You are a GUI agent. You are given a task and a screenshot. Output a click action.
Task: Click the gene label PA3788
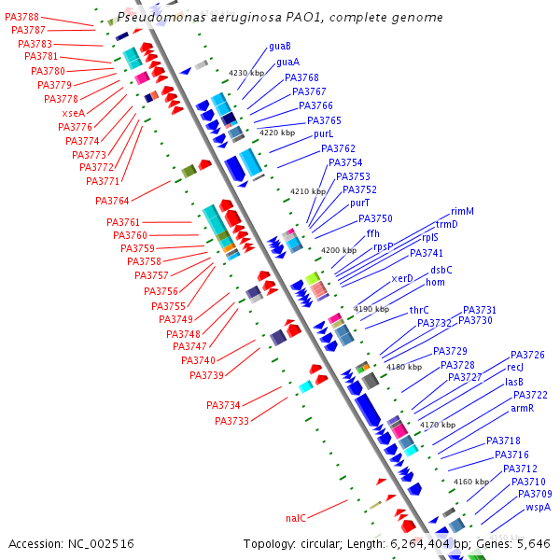pyautogui.click(x=21, y=18)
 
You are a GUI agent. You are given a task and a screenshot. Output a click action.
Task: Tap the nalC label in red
pyautogui.click(x=296, y=517)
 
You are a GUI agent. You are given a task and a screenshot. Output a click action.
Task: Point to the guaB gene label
pyautogui.click(x=279, y=46)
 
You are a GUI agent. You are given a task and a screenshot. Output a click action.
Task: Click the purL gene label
pyautogui.click(x=323, y=133)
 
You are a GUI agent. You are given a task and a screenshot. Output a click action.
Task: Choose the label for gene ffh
pyautogui.click(x=372, y=232)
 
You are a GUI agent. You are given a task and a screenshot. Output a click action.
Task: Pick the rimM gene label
pyautogui.click(x=462, y=211)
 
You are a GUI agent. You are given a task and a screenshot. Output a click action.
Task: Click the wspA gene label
pyautogui.click(x=538, y=507)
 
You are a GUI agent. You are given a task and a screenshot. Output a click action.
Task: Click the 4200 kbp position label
pyautogui.click(x=338, y=250)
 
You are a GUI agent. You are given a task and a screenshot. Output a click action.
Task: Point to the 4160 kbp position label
pyautogui.click(x=470, y=483)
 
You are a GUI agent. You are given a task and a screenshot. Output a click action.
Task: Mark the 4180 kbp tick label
pyautogui.click(x=404, y=367)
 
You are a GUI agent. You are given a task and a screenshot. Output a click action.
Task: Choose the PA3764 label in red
pyautogui.click(x=112, y=201)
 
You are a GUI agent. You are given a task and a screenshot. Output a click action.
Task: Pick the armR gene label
pyautogui.click(x=522, y=408)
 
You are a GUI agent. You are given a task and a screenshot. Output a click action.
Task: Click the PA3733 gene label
pyautogui.click(x=231, y=421)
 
